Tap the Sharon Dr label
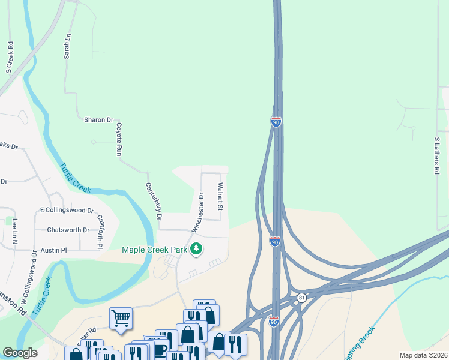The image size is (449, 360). click(x=99, y=120)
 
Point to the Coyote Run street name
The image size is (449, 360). click(x=119, y=140)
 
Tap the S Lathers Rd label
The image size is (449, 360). click(x=437, y=155)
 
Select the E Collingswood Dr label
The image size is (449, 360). click(x=67, y=211)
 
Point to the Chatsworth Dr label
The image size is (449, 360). click(x=68, y=230)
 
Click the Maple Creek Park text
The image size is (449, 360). click(x=155, y=250)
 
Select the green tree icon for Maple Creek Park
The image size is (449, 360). click(x=196, y=248)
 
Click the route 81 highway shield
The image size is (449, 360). click(x=301, y=297)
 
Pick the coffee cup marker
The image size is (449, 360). click(x=160, y=350)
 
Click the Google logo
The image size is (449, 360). click(x=20, y=353)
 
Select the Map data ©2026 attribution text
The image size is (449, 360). click(x=423, y=355)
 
